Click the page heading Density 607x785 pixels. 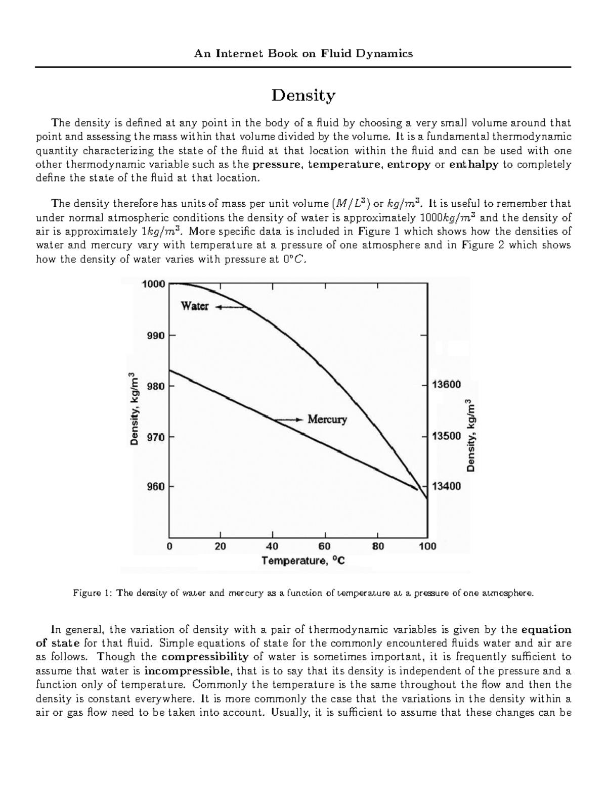tap(303, 96)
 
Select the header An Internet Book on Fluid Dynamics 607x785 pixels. tap(303, 54)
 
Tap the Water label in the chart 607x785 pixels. tap(195, 306)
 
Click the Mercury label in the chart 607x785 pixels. tap(327, 420)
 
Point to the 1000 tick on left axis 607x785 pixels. tap(153, 284)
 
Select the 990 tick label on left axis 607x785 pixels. tap(155, 335)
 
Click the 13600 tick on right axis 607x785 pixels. tap(446, 385)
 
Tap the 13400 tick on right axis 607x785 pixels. tap(446, 487)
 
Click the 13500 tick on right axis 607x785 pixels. tap(446, 436)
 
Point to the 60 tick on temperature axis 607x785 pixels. tap(324, 546)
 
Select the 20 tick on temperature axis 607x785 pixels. tap(221, 546)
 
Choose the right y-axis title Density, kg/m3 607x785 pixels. tap(471, 435)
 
